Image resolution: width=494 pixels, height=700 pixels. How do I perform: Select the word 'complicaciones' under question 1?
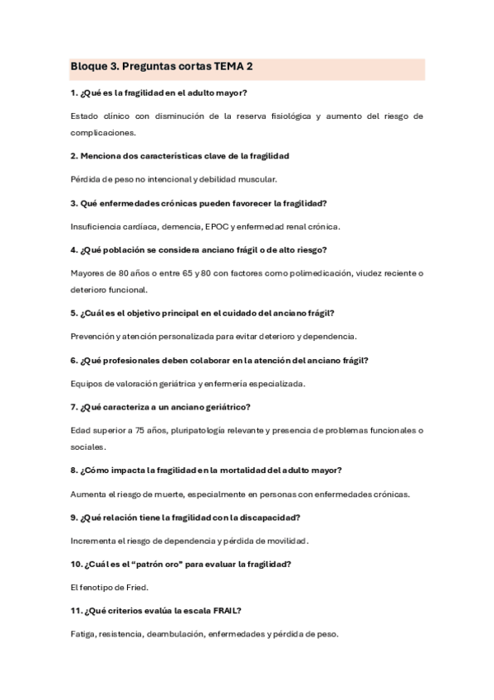102,131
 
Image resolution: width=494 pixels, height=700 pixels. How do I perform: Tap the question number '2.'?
74,155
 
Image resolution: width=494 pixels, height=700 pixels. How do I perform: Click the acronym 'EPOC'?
221,225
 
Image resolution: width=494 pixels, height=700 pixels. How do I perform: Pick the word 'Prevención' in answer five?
91,336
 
